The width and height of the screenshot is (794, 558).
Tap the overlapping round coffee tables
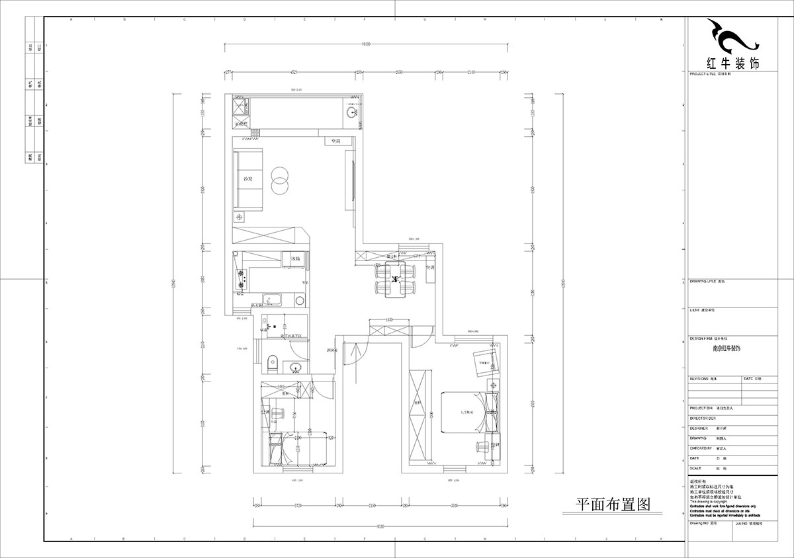click(280, 179)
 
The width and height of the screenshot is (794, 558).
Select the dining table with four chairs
click(395, 279)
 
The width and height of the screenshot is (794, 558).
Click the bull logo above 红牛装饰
click(730, 38)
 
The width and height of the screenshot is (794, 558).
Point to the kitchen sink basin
click(273, 301)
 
